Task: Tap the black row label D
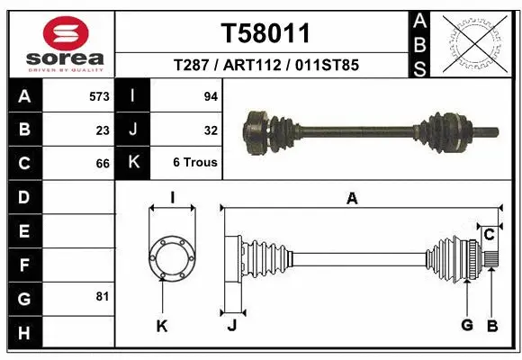pos(23,196)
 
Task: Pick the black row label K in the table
pos(133,163)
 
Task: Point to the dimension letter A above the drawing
pos(352,199)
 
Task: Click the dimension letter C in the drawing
pos(489,235)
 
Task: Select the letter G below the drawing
pos(466,324)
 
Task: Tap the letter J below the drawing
pos(231,325)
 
